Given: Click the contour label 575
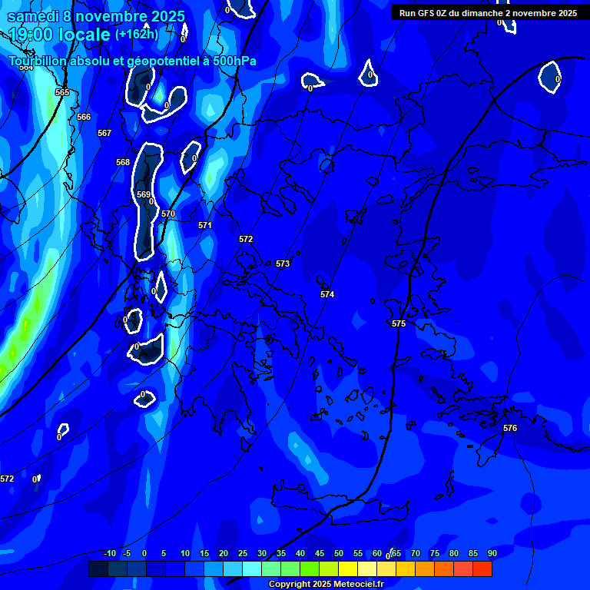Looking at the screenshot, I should point(398,324).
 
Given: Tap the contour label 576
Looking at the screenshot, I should point(510,428).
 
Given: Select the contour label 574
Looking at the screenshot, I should point(327,294).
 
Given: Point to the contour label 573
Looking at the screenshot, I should point(283,264).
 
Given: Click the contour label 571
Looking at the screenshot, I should point(205,225).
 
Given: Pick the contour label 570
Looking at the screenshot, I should point(168,214).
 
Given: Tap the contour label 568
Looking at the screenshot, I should point(123,162).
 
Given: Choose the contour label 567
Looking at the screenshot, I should point(104,133).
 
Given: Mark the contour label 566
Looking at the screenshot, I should point(84,117).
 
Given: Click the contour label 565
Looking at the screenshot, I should point(62,92).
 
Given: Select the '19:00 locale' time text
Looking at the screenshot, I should point(59,35).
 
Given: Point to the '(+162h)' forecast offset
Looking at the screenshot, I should point(137,35).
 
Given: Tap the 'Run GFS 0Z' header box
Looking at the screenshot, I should point(488,13).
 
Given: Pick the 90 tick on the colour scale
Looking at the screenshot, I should point(492,553).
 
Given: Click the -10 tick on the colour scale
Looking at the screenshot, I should point(110,553).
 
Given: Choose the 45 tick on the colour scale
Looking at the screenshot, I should point(320,553).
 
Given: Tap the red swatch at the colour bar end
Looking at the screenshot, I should point(482,568).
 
